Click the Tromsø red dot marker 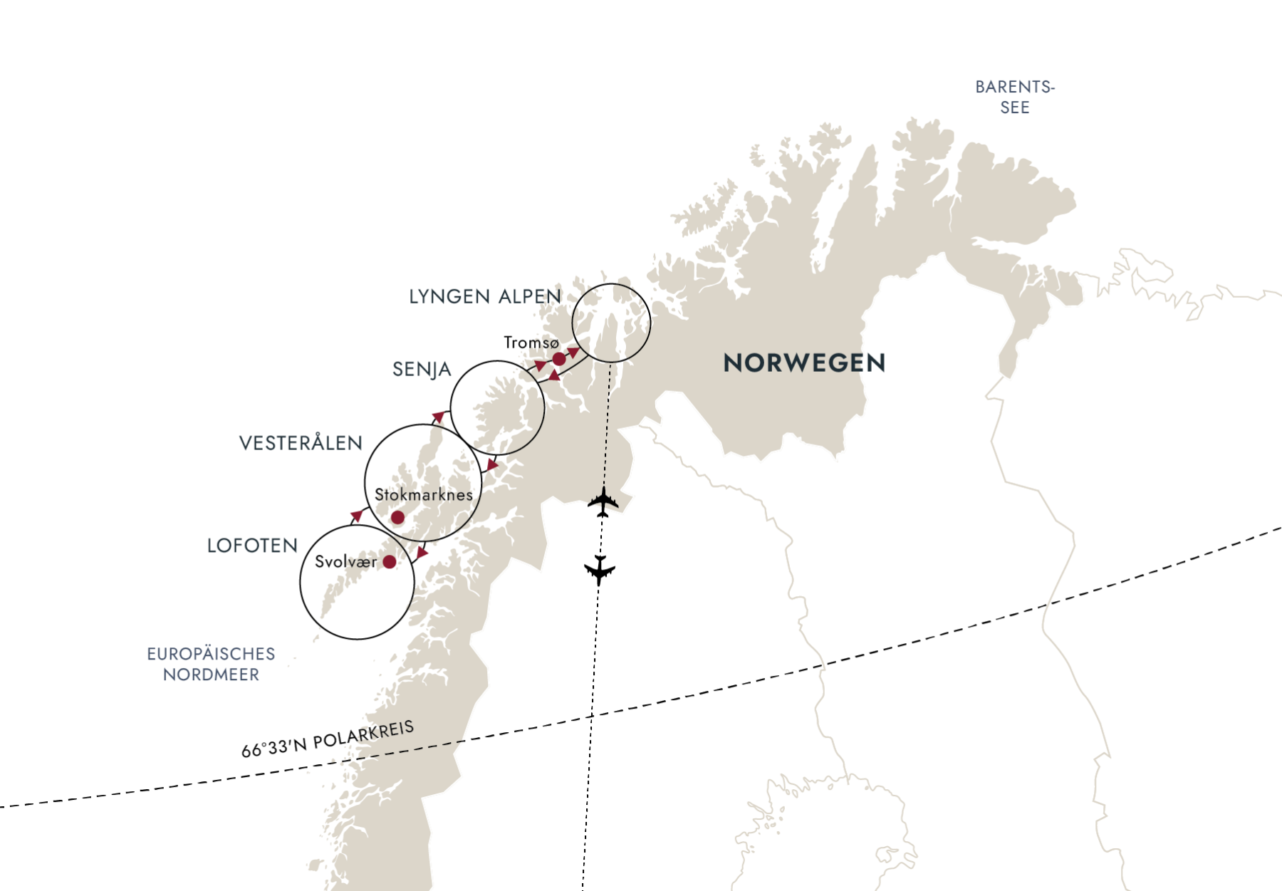click(559, 359)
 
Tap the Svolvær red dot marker click(390, 562)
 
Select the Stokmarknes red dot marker click(397, 518)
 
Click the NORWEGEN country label click(804, 363)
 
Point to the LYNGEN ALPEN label click(485, 296)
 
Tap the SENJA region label click(422, 370)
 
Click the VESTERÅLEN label click(301, 443)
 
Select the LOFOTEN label click(252, 546)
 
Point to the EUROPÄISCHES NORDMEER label click(211, 664)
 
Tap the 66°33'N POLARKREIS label click(328, 739)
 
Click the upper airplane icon click(603, 501)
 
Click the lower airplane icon click(599, 570)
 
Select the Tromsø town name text click(531, 343)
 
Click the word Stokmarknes click(424, 494)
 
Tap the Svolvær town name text click(346, 561)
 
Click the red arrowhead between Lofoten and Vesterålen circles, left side click(356, 515)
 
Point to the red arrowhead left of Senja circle click(438, 416)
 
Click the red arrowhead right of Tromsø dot click(573, 352)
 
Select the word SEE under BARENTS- click(1015, 108)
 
